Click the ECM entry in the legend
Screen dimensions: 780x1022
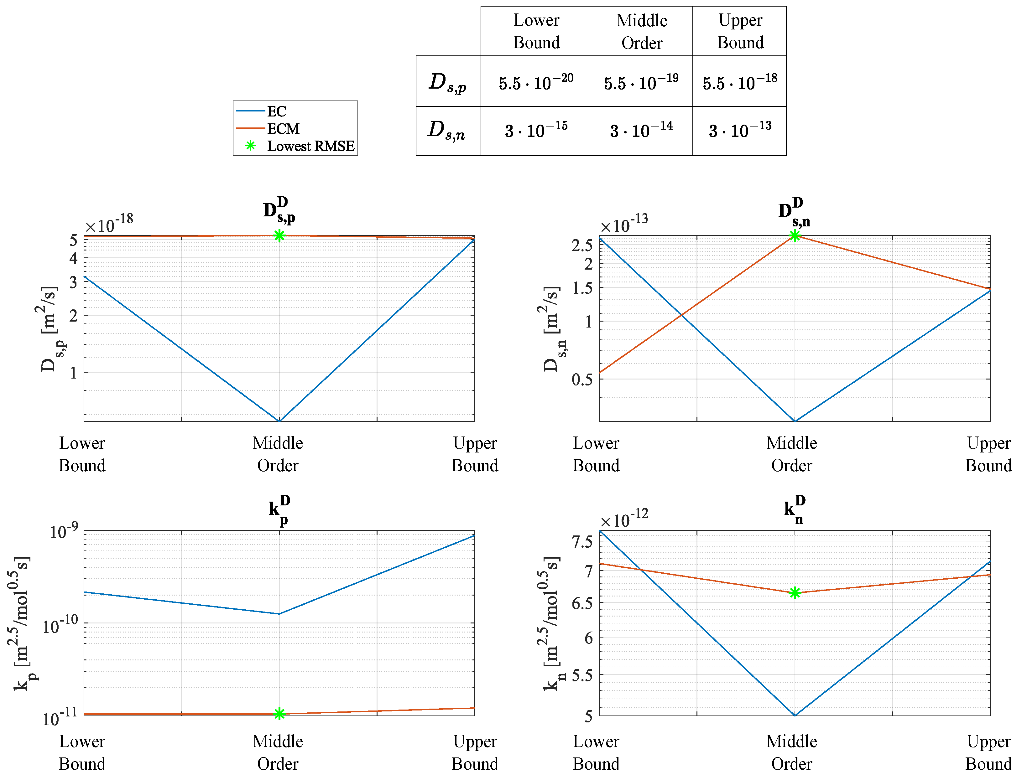pos(283,129)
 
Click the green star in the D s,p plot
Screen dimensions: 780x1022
pos(279,235)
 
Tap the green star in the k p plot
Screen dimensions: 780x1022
pos(279,714)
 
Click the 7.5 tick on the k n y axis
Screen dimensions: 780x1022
pos(582,541)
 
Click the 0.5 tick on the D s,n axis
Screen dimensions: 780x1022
pos(582,379)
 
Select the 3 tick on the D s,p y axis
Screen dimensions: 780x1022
pos(73,282)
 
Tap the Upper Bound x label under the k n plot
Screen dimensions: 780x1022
pos(988,752)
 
